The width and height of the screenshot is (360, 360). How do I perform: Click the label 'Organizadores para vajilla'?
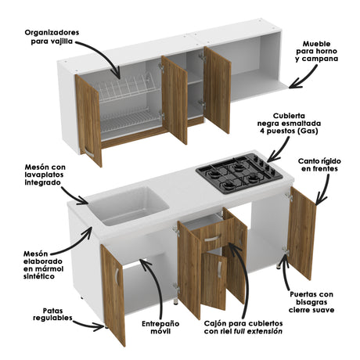point(59,36)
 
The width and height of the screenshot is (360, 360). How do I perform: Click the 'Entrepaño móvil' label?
point(159,326)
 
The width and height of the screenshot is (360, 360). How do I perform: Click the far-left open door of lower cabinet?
point(113,293)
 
